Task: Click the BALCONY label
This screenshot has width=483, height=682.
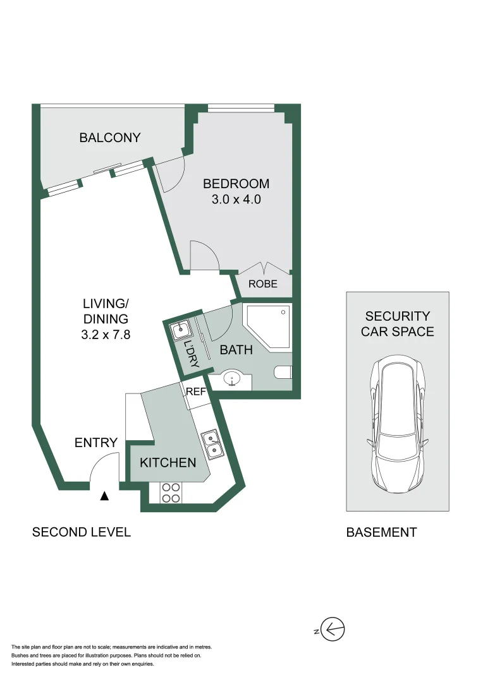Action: point(109,138)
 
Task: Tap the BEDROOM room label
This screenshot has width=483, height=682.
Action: point(236,184)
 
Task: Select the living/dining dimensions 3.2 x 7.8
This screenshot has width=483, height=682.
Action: point(106,335)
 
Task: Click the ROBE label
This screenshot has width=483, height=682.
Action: point(262,284)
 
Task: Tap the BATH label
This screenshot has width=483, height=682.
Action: point(236,349)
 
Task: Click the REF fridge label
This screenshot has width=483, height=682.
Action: point(195,392)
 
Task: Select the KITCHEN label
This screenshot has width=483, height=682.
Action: point(168,463)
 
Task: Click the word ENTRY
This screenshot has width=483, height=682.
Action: point(96,443)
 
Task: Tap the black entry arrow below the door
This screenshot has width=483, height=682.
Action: point(104,497)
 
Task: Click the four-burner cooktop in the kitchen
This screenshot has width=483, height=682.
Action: point(169,493)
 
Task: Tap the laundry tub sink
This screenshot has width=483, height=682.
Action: point(180,330)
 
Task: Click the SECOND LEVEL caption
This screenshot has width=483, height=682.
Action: point(82,532)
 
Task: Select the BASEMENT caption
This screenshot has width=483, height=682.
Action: point(381,532)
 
